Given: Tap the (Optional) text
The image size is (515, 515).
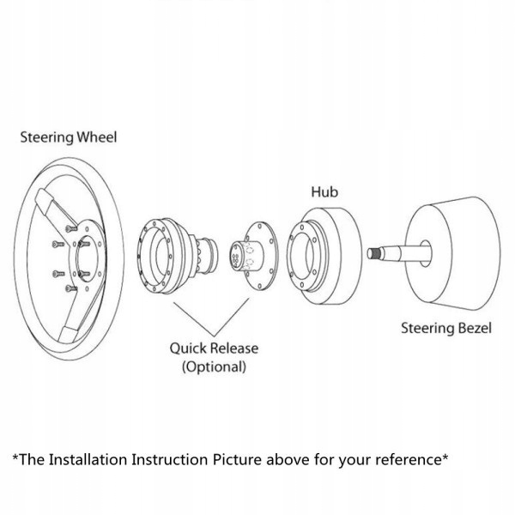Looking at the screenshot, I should click(x=214, y=367).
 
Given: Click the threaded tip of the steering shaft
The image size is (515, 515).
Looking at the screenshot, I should click(x=375, y=254).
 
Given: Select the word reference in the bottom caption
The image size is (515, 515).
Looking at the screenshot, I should click(x=407, y=459).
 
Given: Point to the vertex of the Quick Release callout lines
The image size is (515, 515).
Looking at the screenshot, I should click(x=215, y=336).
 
